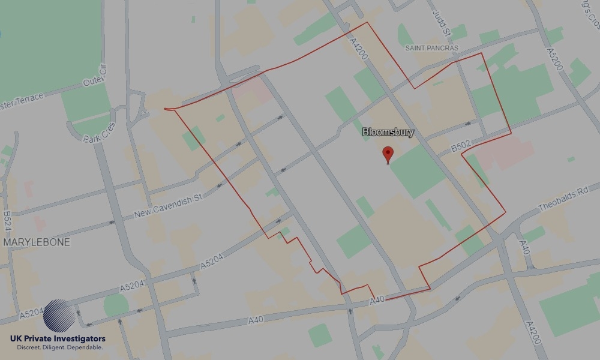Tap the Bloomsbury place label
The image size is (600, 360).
coord(388,132)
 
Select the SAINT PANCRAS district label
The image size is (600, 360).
coord(431,48)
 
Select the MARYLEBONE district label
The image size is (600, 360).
coord(37,242)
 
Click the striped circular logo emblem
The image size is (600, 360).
coord(59,316)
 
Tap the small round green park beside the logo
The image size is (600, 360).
coord(115,305)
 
